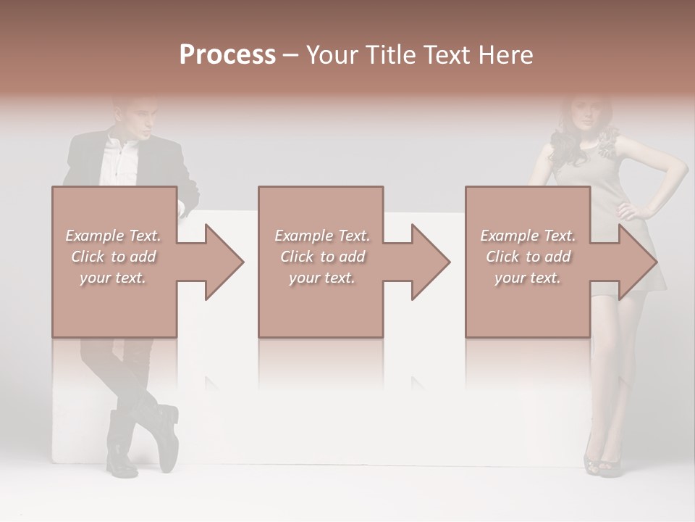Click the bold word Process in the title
[227, 55]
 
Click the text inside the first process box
[113, 257]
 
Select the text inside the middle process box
[321, 257]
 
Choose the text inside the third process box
[528, 257]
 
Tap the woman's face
[584, 115]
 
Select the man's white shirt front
[119, 163]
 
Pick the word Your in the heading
[332, 55]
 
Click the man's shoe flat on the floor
[120, 457]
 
